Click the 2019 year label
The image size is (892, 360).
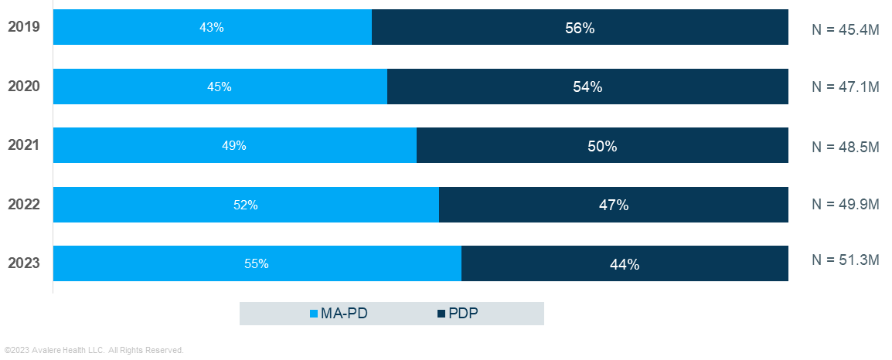[x=24, y=27]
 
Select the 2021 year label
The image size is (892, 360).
[x=24, y=145]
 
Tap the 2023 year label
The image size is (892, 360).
[x=24, y=263]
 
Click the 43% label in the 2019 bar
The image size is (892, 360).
[x=211, y=27]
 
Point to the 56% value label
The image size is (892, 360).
[x=580, y=28]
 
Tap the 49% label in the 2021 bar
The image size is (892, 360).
[x=233, y=145]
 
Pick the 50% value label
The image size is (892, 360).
[x=602, y=146]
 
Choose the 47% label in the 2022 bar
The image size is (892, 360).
[x=613, y=205]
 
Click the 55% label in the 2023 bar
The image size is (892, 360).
[x=256, y=263]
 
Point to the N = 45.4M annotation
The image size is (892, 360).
[x=845, y=29]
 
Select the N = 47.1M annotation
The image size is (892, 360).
[x=845, y=87]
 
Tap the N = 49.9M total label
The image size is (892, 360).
[x=845, y=205]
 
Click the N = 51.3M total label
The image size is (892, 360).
[x=845, y=260]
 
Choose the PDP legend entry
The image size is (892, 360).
[x=458, y=314]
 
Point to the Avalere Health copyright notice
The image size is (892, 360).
[x=94, y=351]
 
